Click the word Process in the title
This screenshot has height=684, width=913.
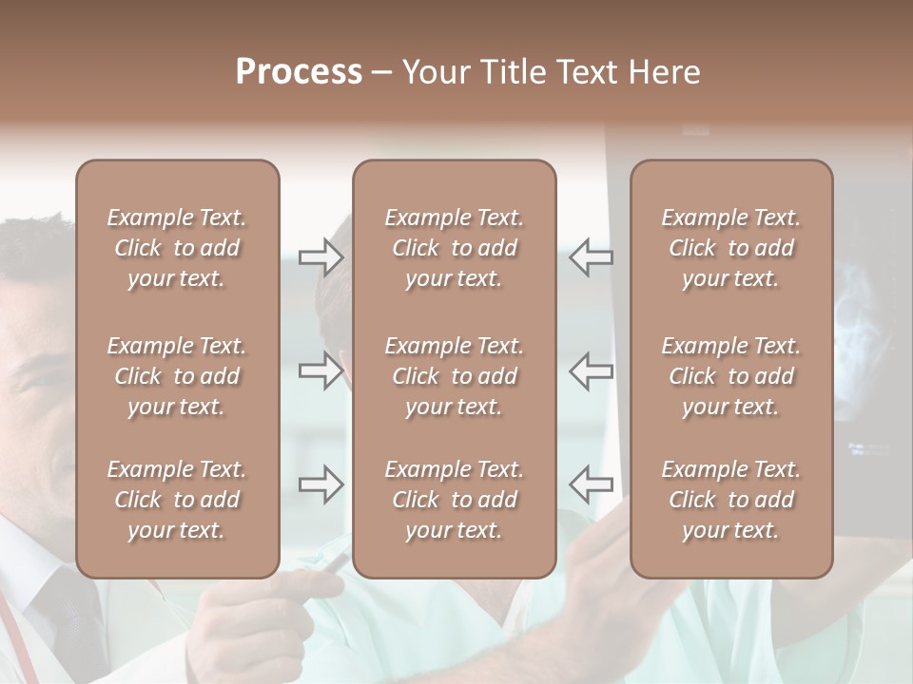point(299,72)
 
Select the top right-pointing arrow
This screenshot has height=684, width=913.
point(321,256)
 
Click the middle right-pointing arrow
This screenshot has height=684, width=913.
point(321,370)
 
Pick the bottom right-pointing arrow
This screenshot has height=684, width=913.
point(321,484)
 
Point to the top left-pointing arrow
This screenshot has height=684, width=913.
point(592,256)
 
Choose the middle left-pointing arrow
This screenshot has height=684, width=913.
point(592,370)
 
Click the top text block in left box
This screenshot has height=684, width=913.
point(177,248)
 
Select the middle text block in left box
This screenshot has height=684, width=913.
point(177,376)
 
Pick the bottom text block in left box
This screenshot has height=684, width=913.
point(177,500)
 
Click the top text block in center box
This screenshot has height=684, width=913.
point(454,248)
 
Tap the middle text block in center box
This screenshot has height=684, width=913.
point(454,376)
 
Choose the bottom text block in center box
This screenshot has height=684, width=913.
point(454,500)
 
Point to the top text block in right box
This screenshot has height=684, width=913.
point(730,248)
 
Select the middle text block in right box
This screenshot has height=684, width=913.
point(730,376)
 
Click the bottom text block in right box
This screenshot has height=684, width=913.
point(730,500)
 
